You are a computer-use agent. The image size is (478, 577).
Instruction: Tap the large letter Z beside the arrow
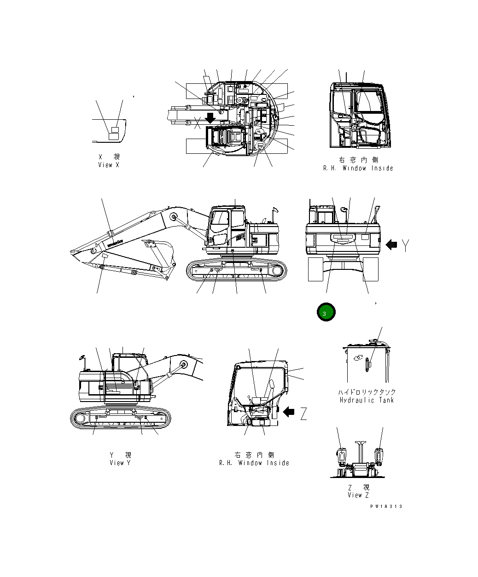tap(303, 414)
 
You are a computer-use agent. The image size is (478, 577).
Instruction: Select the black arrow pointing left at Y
tap(391, 245)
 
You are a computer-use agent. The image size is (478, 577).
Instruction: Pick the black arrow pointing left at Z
tap(289, 411)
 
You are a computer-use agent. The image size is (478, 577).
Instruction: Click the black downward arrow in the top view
tap(210, 117)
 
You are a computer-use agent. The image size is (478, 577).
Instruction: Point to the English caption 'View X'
tap(109, 165)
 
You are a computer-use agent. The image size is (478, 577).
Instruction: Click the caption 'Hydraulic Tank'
tap(367, 400)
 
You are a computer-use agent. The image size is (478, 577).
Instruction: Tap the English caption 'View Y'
tap(120, 462)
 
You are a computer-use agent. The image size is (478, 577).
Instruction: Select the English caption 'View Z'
tap(358, 495)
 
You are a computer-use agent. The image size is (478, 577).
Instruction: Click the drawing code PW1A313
tap(386, 506)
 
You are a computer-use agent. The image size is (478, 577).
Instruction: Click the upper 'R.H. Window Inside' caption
tap(358, 168)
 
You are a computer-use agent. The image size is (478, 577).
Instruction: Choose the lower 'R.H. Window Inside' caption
tap(254, 463)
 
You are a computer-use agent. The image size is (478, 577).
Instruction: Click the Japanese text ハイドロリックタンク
tap(367, 392)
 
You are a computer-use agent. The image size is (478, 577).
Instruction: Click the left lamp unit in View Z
tap(341, 456)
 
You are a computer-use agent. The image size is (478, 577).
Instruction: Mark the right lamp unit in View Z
tap(379, 456)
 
